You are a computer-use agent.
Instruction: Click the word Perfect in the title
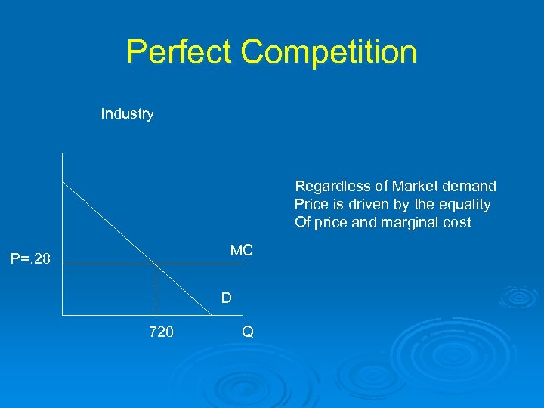coord(178,52)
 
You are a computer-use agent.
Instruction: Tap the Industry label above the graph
coord(127,114)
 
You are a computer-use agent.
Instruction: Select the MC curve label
coord(242,251)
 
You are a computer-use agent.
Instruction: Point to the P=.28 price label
coord(30,260)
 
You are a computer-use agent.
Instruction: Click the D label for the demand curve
coord(226,298)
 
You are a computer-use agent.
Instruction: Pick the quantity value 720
coord(161,332)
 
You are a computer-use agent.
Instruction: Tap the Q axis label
coord(248,332)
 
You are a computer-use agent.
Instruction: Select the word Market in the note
coord(415,187)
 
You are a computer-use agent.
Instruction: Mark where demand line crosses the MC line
coord(156,264)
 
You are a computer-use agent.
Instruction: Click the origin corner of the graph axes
coord(63,314)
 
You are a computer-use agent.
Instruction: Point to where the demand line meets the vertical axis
coord(63,181)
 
